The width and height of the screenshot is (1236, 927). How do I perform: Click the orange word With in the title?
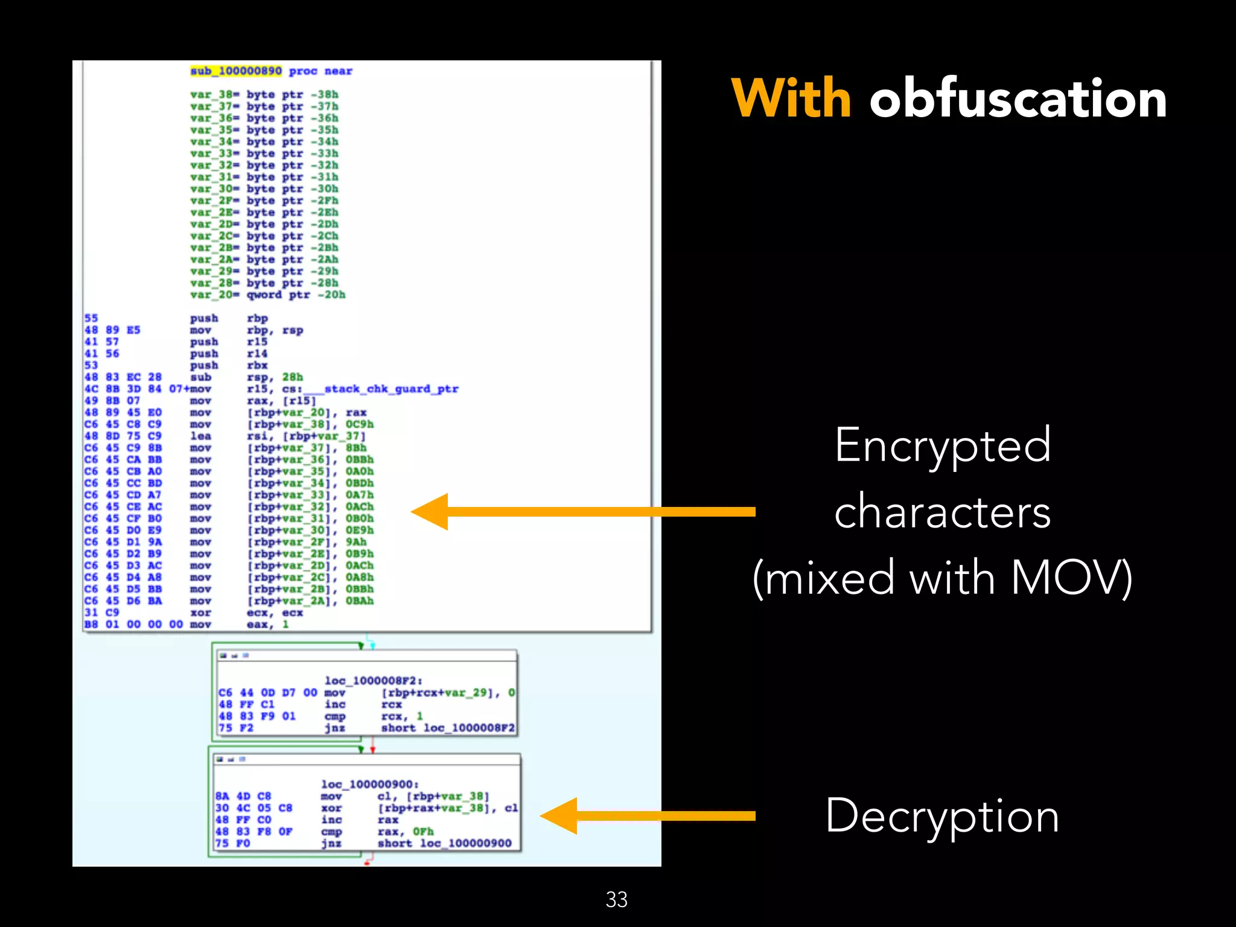(791, 98)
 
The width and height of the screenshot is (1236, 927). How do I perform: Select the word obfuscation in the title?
(1018, 98)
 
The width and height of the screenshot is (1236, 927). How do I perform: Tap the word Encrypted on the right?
(943, 445)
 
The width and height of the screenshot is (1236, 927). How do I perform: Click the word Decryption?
(942, 816)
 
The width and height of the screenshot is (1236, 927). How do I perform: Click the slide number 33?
(616, 899)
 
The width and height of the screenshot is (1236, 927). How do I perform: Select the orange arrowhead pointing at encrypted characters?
(431, 512)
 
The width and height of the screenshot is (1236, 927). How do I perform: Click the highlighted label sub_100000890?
(236, 71)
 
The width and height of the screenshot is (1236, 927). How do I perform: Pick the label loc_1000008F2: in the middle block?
(373, 681)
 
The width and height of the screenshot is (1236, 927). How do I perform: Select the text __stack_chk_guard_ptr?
(391, 389)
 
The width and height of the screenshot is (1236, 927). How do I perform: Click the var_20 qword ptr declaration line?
(267, 295)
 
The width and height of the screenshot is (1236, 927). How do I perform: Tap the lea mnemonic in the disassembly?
(200, 436)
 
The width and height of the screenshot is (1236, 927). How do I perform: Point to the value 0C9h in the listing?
(359, 424)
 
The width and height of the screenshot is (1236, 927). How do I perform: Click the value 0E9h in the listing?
(359, 530)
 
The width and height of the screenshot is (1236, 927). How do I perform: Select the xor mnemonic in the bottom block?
(331, 808)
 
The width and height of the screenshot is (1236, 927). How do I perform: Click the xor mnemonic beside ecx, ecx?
(200, 613)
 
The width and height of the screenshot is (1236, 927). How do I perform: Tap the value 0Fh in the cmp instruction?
(423, 832)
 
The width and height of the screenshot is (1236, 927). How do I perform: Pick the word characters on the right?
(943, 512)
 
